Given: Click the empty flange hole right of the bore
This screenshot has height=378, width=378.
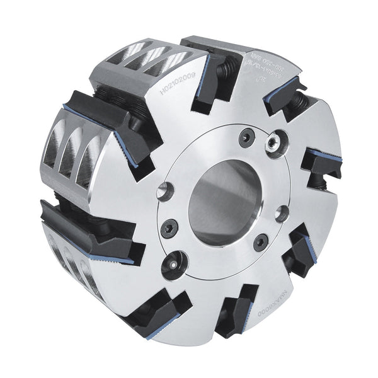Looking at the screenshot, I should click(282, 212).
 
